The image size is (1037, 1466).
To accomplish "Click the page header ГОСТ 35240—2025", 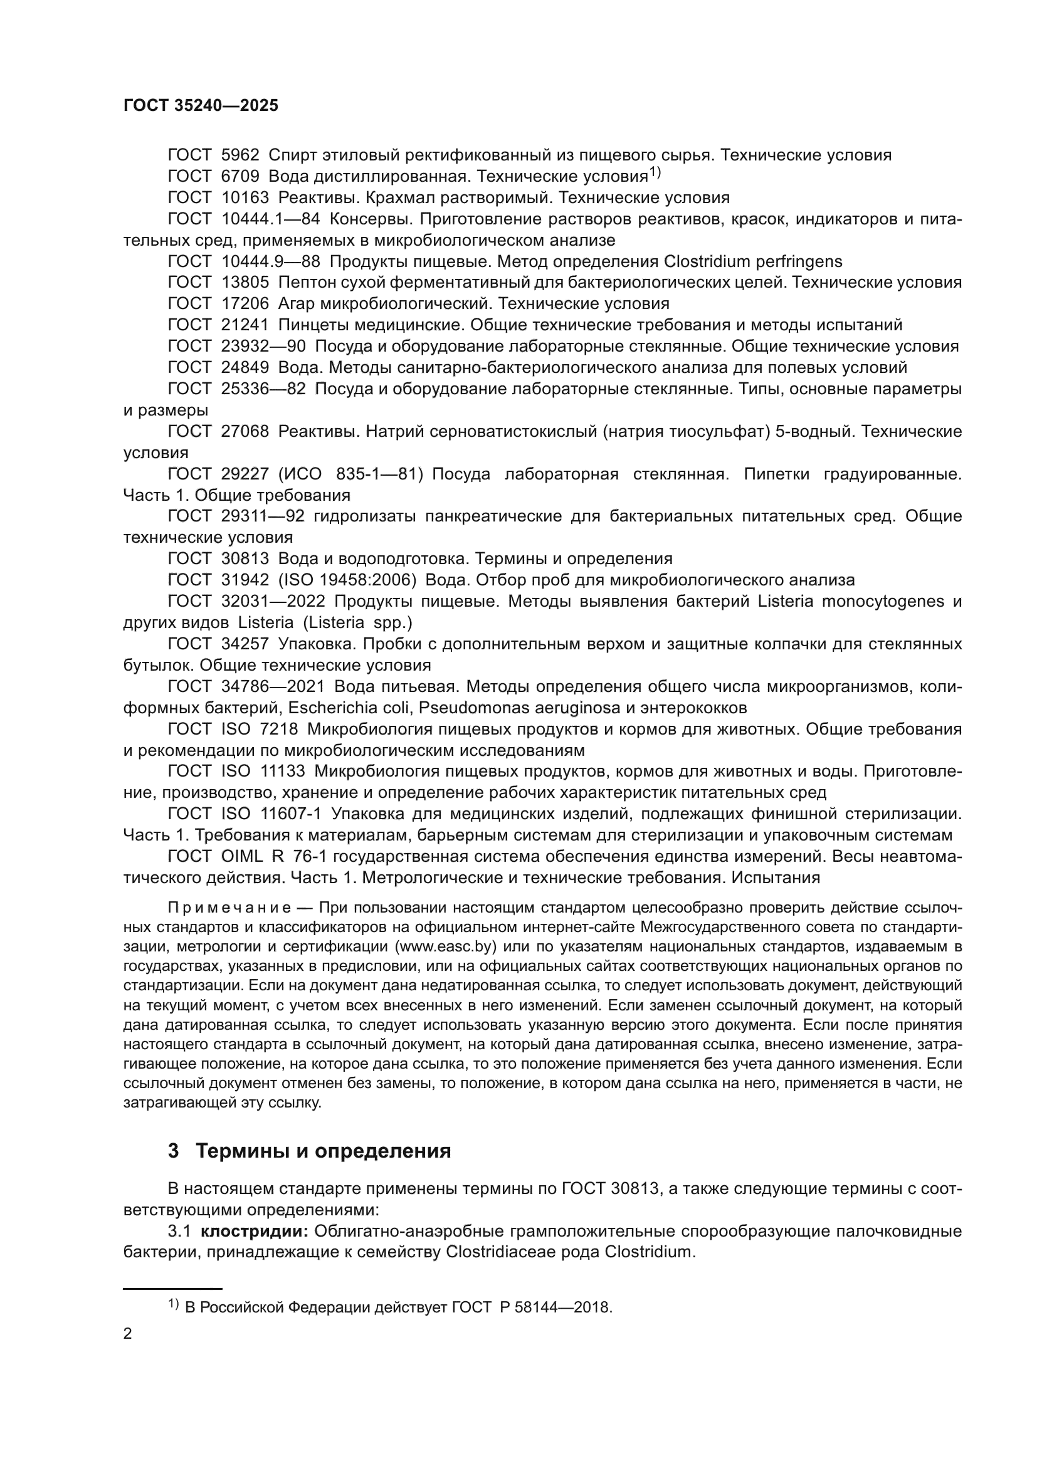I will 201,106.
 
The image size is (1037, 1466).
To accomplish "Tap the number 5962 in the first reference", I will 240,155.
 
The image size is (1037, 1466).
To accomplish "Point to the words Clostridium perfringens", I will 753,261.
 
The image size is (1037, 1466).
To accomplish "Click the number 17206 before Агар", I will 245,303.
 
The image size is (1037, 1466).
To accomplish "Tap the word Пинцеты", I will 312,325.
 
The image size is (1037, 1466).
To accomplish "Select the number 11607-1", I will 290,814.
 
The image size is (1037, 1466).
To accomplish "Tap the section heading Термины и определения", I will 323,1151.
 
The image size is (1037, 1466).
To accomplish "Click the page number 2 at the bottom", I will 128,1334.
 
